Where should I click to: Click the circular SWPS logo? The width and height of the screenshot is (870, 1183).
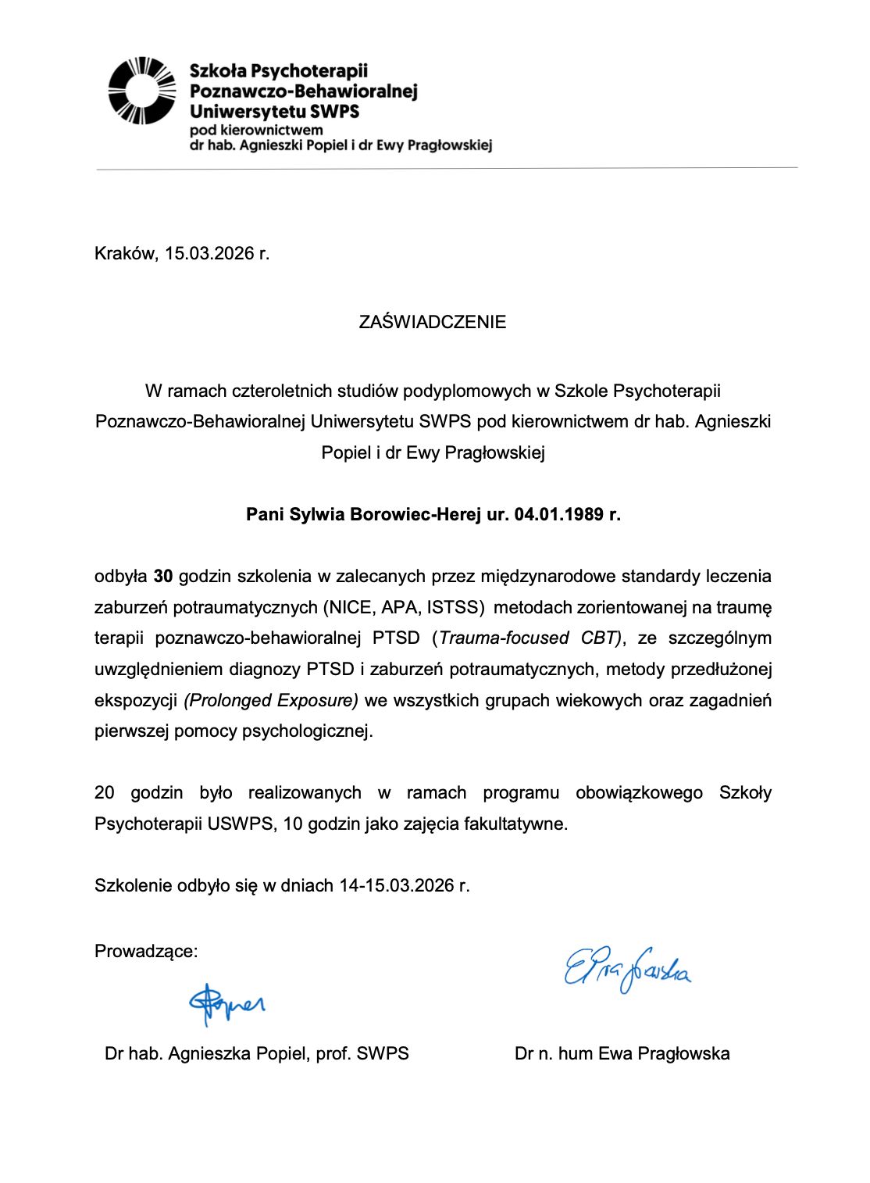click(141, 91)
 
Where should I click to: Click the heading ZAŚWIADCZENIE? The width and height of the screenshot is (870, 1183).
click(432, 322)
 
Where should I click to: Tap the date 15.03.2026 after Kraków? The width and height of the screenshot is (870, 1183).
click(209, 253)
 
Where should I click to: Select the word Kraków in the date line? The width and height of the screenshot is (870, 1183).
click(125, 253)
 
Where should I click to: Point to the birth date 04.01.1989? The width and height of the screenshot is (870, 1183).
click(559, 514)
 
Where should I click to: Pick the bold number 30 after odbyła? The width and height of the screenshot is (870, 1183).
click(163, 577)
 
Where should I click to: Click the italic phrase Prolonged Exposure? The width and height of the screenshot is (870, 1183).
click(271, 700)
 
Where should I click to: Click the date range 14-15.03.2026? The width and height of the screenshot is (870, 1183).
click(397, 885)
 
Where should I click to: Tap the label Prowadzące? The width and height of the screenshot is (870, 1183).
click(146, 951)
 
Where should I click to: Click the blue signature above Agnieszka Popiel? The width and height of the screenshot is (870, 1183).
click(226, 1003)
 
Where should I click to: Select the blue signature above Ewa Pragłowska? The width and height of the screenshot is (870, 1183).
click(627, 969)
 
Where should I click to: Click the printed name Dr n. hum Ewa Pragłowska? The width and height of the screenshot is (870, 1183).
click(622, 1053)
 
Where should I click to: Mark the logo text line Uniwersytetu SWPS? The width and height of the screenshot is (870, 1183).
click(274, 111)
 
